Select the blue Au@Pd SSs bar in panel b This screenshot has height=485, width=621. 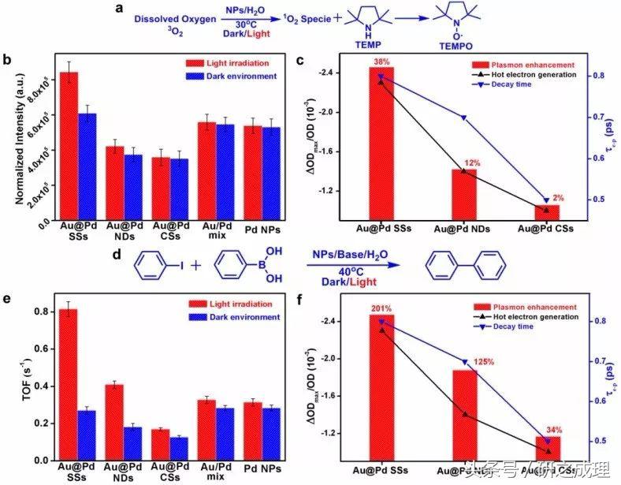tap(87, 165)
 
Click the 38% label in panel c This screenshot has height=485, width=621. tap(381, 62)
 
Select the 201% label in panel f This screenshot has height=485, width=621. tap(381, 308)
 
